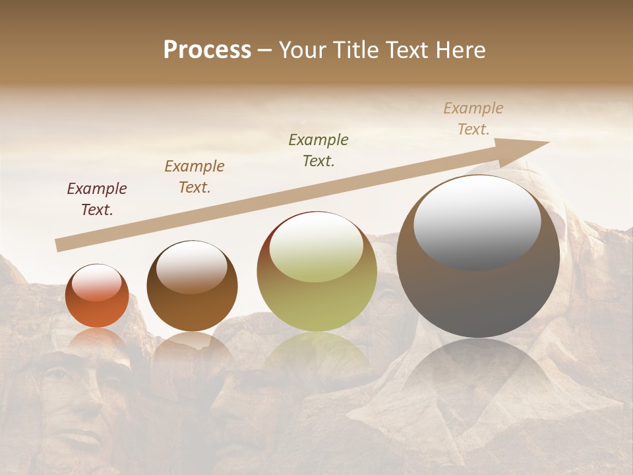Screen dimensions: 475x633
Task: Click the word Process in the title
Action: point(207,50)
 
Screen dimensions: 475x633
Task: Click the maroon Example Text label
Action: point(97,199)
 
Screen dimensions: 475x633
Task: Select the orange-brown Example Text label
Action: point(195,177)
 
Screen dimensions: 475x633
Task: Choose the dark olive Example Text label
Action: point(318,150)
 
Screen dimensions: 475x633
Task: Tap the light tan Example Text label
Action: point(473,119)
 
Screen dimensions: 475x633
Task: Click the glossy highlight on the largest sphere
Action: point(477,222)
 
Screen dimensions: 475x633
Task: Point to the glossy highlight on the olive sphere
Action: point(316,247)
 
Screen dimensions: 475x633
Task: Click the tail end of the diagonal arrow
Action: point(59,245)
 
